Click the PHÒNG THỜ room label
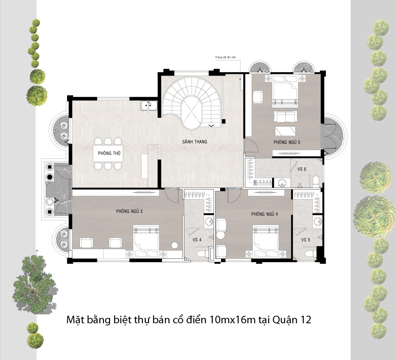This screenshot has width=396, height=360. pyautogui.click(x=109, y=153)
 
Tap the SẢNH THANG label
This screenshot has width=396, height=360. pyautogui.click(x=194, y=141)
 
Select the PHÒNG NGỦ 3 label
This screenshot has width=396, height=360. pyautogui.click(x=129, y=211)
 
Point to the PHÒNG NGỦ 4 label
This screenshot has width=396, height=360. pyautogui.click(x=265, y=214)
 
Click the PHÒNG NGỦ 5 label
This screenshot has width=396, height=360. pyautogui.click(x=287, y=142)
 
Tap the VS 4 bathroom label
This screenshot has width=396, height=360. pyautogui.click(x=197, y=239)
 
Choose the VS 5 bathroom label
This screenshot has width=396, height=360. pyautogui.click(x=306, y=239)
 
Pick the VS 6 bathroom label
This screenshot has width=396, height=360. pyautogui.click(x=302, y=169)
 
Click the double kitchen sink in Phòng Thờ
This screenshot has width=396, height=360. pyautogui.click(x=149, y=105)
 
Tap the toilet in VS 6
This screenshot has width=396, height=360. pyautogui.click(x=316, y=181)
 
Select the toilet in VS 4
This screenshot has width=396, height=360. pyautogui.click(x=204, y=253)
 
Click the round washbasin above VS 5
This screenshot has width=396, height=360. pyautogui.click(x=318, y=221)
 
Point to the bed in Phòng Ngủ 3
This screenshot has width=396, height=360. pyautogui.click(x=147, y=241)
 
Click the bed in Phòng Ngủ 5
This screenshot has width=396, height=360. pyautogui.click(x=285, y=90)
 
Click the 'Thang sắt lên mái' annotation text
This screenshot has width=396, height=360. pyautogui.click(x=225, y=57)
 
